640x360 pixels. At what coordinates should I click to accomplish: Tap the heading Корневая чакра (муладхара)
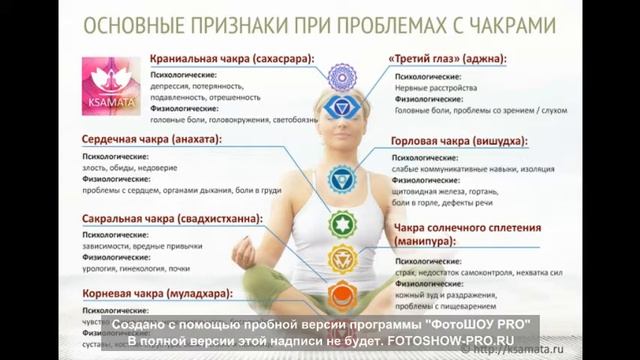click(152, 293)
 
